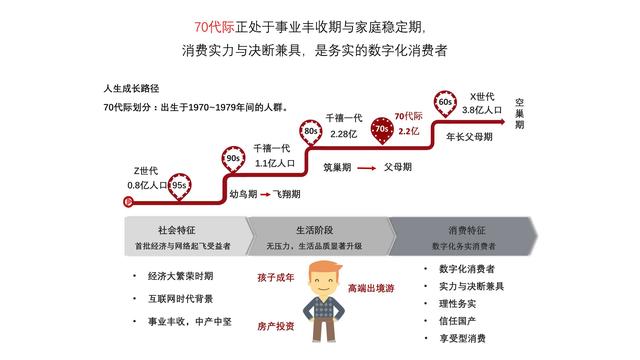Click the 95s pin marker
tap(180, 184)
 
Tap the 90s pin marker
tap(232, 158)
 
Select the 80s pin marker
tap(311, 130)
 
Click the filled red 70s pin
tap(380, 130)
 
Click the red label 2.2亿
tap(408, 132)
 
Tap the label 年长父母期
tap(468, 137)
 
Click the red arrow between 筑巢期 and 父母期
tap(367, 168)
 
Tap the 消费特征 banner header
tap(467, 228)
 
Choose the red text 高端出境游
tap(371, 288)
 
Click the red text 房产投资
tap(276, 326)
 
